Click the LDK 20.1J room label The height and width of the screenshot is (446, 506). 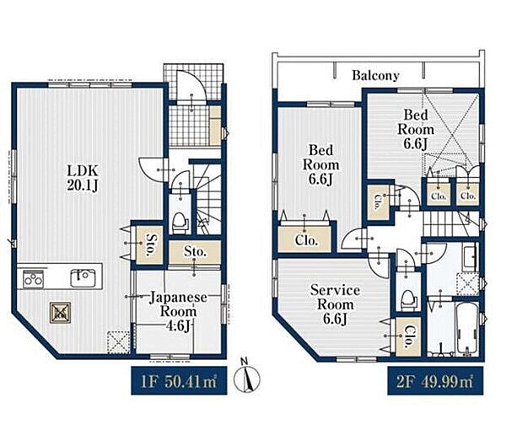click(x=83, y=177)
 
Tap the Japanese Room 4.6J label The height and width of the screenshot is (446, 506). click(x=178, y=312)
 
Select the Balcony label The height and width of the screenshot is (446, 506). click(x=375, y=76)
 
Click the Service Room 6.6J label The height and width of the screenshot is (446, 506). click(x=335, y=304)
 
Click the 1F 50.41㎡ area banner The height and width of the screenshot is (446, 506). click(x=179, y=380)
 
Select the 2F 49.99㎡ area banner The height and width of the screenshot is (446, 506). click(x=435, y=380)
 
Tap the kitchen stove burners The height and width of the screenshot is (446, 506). click(x=33, y=278)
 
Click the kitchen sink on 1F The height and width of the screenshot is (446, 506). click(x=83, y=277)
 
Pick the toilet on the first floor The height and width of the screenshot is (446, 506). click(x=180, y=223)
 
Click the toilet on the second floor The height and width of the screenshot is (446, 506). click(x=408, y=300)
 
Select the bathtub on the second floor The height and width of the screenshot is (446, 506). click(x=467, y=328)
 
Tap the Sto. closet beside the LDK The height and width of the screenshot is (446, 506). click(x=149, y=244)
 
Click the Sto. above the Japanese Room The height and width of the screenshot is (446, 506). click(x=195, y=252)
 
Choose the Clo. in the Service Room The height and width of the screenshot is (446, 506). click(x=408, y=337)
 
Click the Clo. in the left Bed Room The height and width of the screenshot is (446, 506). click(x=306, y=239)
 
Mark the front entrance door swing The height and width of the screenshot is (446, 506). click(x=191, y=87)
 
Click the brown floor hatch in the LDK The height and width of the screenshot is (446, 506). click(x=60, y=311)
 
